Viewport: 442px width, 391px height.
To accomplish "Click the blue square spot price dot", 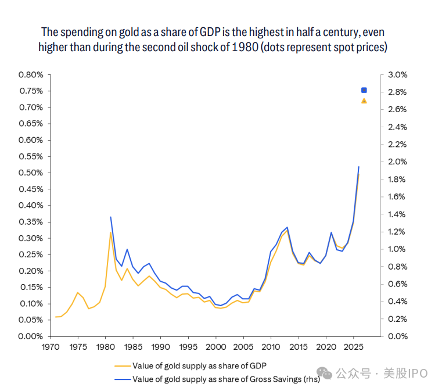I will click(x=364, y=90).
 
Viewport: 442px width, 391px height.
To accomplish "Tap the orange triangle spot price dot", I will click(x=364, y=101).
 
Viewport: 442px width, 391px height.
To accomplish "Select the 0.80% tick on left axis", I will click(x=30, y=75).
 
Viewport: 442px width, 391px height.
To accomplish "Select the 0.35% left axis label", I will click(x=30, y=222).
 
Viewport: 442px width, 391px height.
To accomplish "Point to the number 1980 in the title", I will click(x=243, y=47).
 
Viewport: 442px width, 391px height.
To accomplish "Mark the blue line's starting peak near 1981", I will click(x=110, y=217).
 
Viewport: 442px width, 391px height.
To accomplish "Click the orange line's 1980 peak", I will click(x=110, y=232).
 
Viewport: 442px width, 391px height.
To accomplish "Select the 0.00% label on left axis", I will click(x=30, y=336).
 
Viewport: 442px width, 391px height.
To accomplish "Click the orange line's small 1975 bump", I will click(x=78, y=292).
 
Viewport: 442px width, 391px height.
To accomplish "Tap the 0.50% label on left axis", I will click(x=30, y=173).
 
